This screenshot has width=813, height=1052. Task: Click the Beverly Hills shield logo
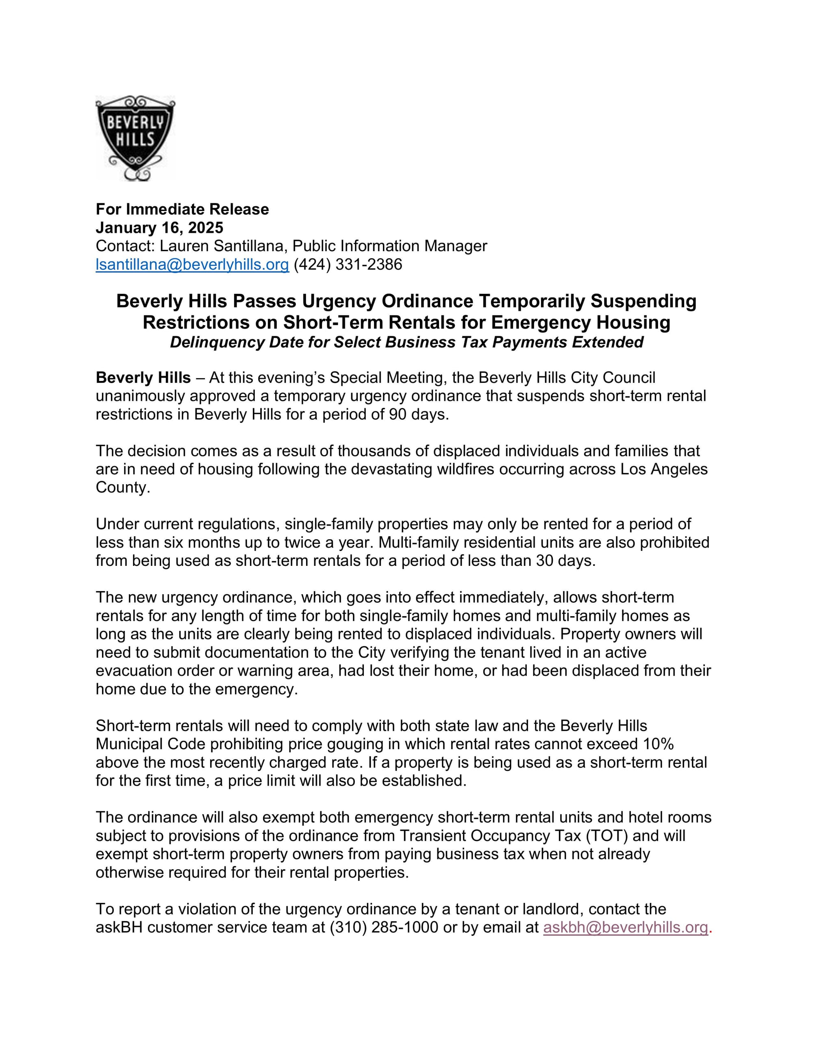(135, 138)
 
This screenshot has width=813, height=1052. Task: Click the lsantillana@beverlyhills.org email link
(192, 265)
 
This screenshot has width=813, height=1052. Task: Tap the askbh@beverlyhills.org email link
(625, 927)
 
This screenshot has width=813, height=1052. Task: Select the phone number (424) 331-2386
(348, 265)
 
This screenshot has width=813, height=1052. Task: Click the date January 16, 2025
(159, 227)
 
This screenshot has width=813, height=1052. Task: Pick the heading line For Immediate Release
(182, 209)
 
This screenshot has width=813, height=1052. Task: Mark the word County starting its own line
(123, 487)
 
